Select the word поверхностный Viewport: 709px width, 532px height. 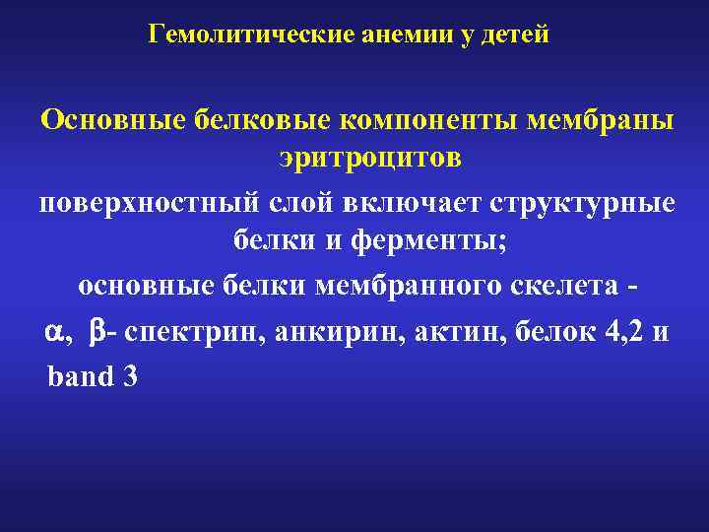(x=148, y=203)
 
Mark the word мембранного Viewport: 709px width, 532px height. (x=403, y=286)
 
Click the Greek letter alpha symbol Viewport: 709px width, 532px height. (x=53, y=333)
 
